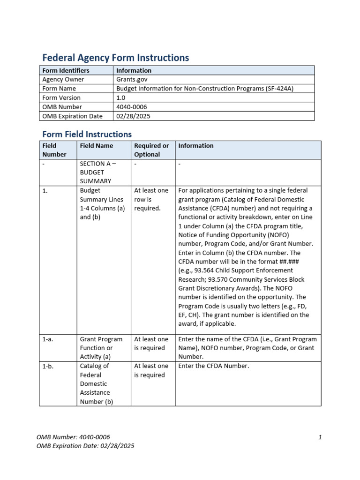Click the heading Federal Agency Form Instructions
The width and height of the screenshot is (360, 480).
tap(115, 58)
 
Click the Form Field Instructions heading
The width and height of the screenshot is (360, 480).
tap(87, 134)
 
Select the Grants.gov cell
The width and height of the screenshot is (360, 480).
tap(132, 79)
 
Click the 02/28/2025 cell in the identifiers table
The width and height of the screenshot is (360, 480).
tap(133, 116)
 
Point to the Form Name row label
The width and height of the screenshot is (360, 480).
tap(59, 89)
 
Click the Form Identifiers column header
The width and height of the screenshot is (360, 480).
tap(66, 70)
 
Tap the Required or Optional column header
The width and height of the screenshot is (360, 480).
tap(151, 150)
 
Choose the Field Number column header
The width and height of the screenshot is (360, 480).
tap(54, 150)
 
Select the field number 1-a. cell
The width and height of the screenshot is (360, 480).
tap(48, 339)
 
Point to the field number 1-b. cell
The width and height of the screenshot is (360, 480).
tap(48, 366)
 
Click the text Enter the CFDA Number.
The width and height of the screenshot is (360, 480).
tap(214, 366)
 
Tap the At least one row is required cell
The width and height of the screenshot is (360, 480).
tap(151, 199)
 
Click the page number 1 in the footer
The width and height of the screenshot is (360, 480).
tap(320, 437)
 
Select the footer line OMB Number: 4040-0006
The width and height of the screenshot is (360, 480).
tap(73, 437)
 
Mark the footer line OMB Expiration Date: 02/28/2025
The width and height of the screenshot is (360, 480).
tap(85, 446)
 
